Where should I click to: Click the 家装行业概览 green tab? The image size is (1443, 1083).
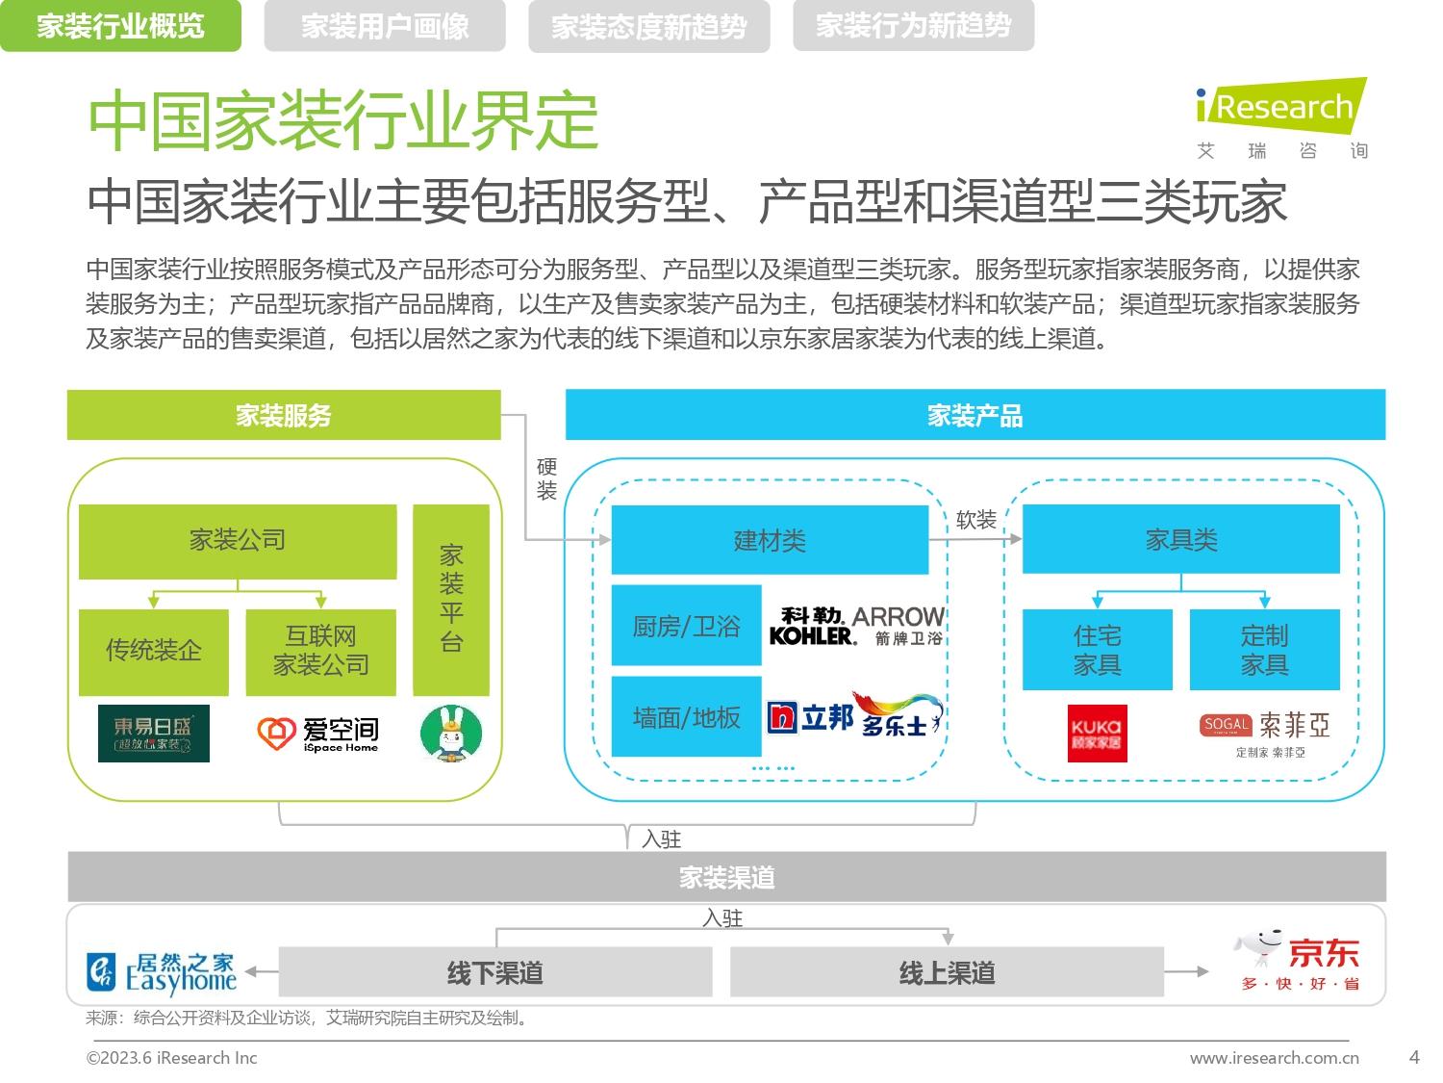coord(120,26)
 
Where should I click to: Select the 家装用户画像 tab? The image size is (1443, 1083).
coord(385,26)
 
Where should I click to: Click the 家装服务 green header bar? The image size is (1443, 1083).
coord(284,415)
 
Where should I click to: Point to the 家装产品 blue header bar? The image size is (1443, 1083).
coord(975,415)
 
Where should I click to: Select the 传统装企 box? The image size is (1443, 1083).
coord(154,652)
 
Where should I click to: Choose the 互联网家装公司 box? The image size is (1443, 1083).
coord(320,652)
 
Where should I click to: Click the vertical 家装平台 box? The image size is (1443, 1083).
coord(451,600)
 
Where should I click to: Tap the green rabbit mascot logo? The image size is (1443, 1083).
coord(451,734)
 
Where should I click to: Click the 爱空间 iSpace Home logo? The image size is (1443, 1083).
coord(318,734)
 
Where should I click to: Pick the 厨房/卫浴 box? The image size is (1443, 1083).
coord(686,626)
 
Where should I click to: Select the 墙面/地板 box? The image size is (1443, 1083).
coord(686,717)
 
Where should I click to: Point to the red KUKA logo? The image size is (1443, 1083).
coord(1098,734)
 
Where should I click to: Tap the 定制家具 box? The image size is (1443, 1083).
coord(1264,650)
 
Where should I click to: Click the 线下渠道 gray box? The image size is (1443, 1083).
coord(495,972)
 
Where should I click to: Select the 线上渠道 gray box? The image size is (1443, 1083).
coord(947,972)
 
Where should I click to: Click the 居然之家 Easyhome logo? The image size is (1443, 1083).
coord(162,972)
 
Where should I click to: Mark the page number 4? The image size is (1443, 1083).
coord(1414,1057)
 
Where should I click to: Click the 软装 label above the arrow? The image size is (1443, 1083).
coord(976,520)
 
